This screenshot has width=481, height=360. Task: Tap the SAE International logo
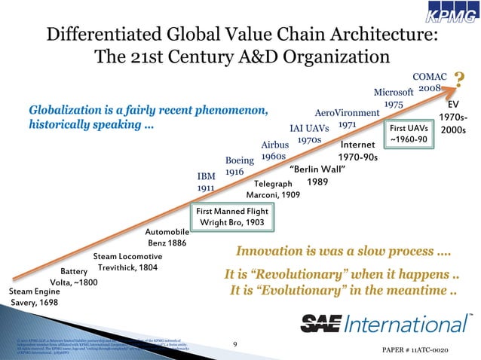point(387,324)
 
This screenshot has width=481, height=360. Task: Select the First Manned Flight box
point(231,218)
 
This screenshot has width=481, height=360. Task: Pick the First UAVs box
point(409,133)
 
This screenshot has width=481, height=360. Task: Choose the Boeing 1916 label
point(240,166)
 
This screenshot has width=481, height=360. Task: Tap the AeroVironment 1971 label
point(346,118)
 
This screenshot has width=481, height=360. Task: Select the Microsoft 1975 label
point(393,97)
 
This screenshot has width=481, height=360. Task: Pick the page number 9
point(235,345)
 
